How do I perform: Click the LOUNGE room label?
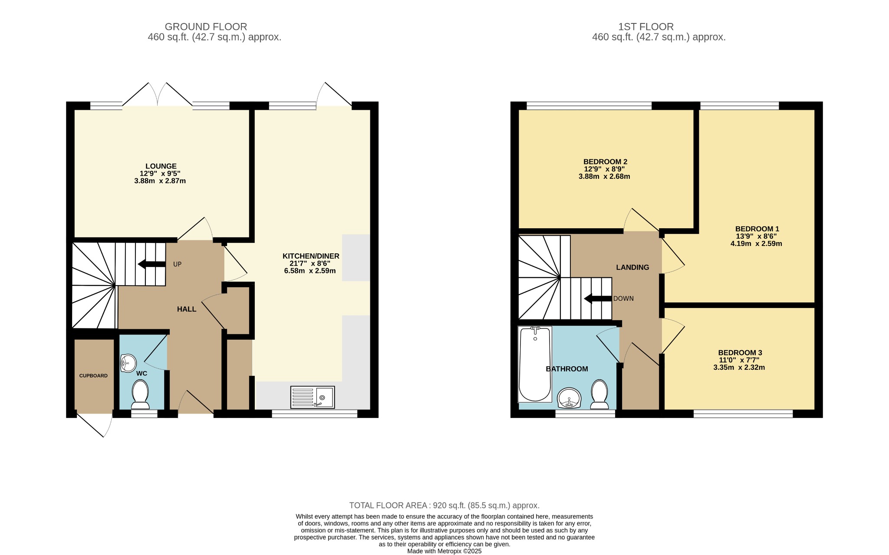click(161, 166)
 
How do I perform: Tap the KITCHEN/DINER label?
click(311, 256)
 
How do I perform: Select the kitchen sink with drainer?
click(313, 397)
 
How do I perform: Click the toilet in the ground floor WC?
click(140, 394)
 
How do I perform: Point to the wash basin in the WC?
click(128, 363)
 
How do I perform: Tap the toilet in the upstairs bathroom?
click(599, 394)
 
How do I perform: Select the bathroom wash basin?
click(569, 398)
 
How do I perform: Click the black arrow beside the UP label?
click(151, 264)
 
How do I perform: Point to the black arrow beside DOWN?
click(598, 299)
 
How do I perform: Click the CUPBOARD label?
click(93, 376)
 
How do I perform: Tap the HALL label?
click(187, 309)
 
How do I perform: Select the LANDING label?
click(632, 267)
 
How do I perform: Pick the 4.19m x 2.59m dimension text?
click(756, 244)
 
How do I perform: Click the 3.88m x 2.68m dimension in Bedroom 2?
click(604, 177)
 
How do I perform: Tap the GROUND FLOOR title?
click(206, 27)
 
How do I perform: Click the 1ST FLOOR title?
click(646, 27)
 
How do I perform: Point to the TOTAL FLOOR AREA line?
click(444, 506)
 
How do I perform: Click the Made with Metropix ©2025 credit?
click(444, 552)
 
